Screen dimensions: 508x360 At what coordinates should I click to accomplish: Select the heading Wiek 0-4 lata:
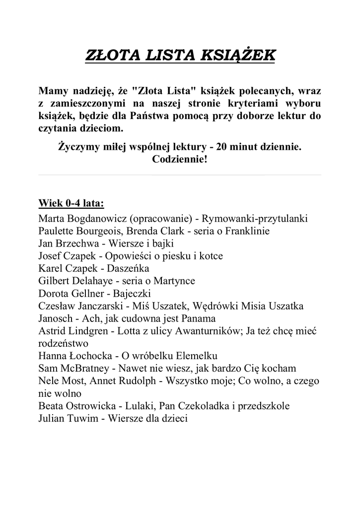click(x=71, y=203)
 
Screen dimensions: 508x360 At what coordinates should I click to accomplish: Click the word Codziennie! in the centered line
click(x=180, y=160)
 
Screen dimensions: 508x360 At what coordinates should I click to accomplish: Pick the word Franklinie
click(x=246, y=231)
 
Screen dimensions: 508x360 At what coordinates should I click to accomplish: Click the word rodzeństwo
click(x=63, y=343)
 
